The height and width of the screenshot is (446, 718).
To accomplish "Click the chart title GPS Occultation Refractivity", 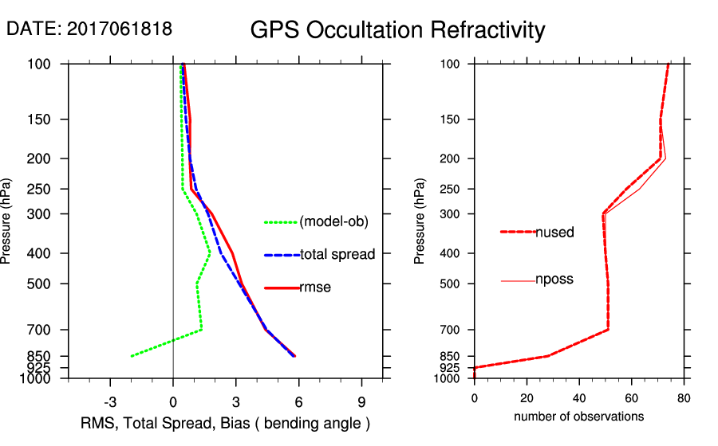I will coord(397,30).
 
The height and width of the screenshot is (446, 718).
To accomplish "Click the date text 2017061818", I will coord(119,29).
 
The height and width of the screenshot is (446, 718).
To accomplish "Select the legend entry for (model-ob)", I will coord(333,222).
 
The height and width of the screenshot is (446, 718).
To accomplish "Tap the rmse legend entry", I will coord(315,288).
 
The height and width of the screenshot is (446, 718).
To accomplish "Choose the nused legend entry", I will coord(554,232).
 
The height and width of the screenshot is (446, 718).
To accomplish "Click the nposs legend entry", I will coord(554,280).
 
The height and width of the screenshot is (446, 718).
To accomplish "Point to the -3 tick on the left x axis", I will coord(110,401).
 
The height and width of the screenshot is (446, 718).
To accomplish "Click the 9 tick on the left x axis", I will coord(362,401).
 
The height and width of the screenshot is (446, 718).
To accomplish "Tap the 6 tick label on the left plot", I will coord(299,401).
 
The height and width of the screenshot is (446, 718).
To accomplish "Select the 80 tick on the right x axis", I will coord(684,398).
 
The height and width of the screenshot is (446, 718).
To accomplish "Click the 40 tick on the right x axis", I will coord(579,398).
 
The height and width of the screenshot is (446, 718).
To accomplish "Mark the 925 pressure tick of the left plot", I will coord(39,367).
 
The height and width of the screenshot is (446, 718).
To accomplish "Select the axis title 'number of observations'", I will coord(578,417).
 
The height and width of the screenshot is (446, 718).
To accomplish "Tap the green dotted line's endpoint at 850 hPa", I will coord(132,355).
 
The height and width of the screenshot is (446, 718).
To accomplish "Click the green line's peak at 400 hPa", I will coord(210,253).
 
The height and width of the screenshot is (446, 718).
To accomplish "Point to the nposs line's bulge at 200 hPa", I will coord(665,159).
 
